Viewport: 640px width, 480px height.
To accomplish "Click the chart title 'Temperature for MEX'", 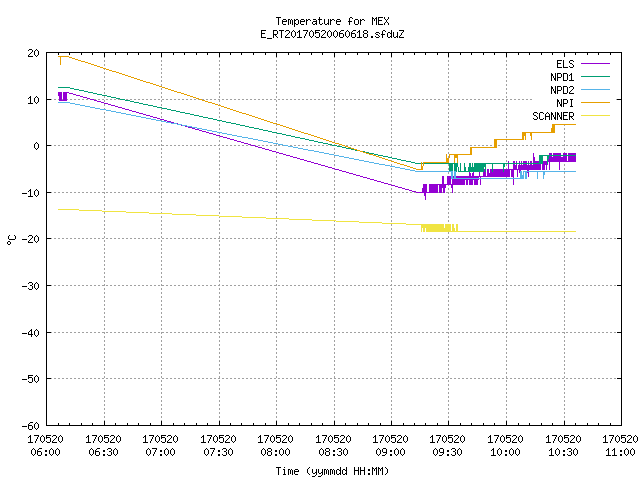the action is pyautogui.click(x=332, y=21).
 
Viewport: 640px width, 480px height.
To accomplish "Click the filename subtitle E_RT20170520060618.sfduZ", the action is pyautogui.click(x=332, y=34).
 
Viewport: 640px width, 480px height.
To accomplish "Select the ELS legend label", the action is pyautogui.click(x=565, y=64).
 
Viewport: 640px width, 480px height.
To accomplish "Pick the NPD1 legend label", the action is pyautogui.click(x=562, y=77).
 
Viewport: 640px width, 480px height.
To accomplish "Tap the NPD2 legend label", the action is pyautogui.click(x=562, y=90).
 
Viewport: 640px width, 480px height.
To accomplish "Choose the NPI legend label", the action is pyautogui.click(x=565, y=103).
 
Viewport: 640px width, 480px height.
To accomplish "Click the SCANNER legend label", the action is pyautogui.click(x=553, y=116).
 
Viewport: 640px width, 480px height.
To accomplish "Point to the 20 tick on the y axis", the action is pyautogui.click(x=34, y=53).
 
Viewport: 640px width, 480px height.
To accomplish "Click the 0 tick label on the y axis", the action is pyautogui.click(x=37, y=146).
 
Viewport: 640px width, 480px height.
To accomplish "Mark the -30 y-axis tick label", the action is pyautogui.click(x=31, y=286).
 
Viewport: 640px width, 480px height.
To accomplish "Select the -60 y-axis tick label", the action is pyautogui.click(x=31, y=426).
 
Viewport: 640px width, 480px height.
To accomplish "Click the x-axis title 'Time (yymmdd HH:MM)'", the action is pyautogui.click(x=332, y=471).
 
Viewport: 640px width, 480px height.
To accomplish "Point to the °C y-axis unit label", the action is pyautogui.click(x=12, y=240).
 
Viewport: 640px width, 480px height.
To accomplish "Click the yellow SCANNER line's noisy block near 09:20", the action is pyautogui.click(x=439, y=228).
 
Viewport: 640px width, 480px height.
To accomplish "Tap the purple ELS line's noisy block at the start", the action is pyautogui.click(x=63, y=96).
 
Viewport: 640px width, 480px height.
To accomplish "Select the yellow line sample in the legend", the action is pyautogui.click(x=595, y=116).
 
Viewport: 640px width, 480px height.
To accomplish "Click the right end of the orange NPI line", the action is pyautogui.click(x=576, y=124).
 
